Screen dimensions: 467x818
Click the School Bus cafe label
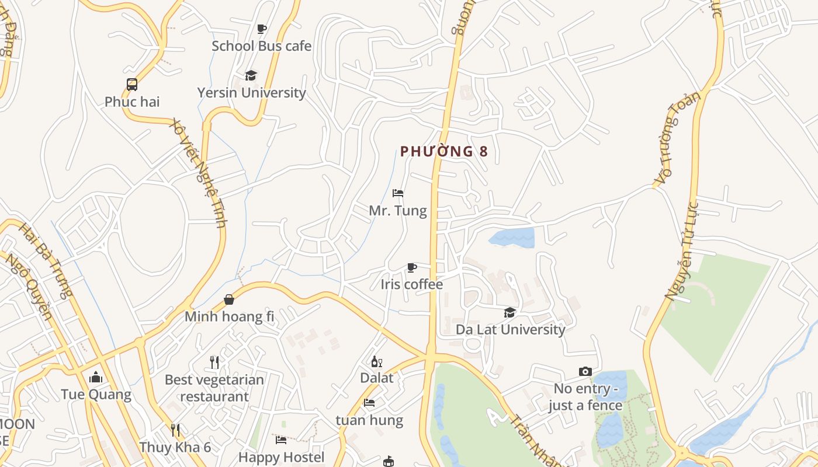coord(261,46)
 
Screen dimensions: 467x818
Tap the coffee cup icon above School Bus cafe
coord(261,29)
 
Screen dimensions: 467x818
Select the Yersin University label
coord(251,93)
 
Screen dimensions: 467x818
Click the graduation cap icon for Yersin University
coord(251,75)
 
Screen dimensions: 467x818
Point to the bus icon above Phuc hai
coord(132,85)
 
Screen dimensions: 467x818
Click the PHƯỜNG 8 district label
coord(444,152)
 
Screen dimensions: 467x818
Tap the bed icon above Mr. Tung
coord(398,193)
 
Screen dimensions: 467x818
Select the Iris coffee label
coord(412,284)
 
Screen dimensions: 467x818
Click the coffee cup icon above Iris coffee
coord(412,267)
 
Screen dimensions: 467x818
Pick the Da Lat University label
coord(511,329)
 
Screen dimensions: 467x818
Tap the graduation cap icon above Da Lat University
coord(510,312)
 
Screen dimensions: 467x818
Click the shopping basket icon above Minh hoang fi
coord(229,299)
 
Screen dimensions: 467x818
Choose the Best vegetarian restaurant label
coord(214,388)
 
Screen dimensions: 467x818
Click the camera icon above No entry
coord(585,372)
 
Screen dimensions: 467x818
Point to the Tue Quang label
coord(96,395)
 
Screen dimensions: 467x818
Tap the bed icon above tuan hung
coord(369,403)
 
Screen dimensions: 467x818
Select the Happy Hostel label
coord(281,457)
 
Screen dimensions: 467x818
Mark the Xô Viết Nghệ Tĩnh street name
coord(197,173)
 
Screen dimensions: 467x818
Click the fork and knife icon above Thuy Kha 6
coord(175,430)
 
